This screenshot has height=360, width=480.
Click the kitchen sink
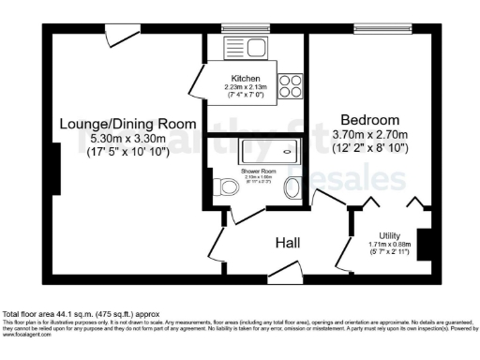coord(248,46)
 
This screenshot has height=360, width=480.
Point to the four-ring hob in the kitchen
coord(290,86)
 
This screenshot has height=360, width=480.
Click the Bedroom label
coord(370,120)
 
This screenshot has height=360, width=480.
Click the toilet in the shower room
coord(224,187)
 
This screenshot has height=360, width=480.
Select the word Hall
coord(288,243)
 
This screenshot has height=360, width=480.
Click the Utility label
coord(390,235)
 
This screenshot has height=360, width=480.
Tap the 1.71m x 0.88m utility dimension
coord(390,247)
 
